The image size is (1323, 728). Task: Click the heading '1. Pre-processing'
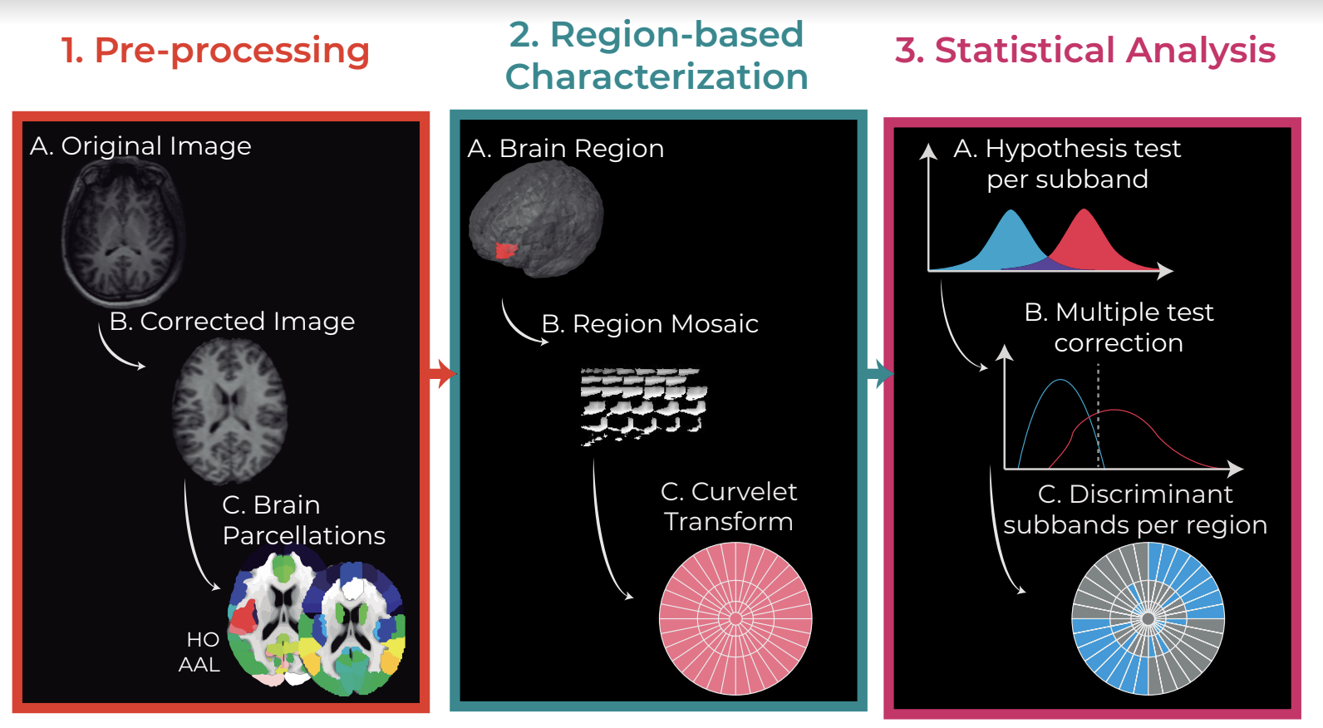click(x=215, y=51)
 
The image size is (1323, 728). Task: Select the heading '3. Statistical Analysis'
click(x=1085, y=50)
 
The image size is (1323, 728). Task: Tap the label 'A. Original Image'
click(x=140, y=145)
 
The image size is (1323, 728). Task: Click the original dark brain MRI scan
click(x=123, y=233)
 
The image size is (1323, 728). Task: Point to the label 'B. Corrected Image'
click(x=232, y=321)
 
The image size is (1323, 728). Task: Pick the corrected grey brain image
click(x=229, y=411)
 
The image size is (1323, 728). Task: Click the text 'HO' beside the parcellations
click(x=203, y=639)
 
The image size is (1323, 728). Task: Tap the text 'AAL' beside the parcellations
click(x=199, y=665)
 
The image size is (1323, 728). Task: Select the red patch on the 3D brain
click(x=505, y=250)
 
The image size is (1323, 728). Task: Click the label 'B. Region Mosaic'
click(x=650, y=324)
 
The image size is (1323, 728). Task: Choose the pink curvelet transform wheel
click(x=735, y=618)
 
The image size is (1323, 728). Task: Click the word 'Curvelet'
click(x=745, y=492)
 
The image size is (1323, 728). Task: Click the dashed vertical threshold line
click(x=1099, y=416)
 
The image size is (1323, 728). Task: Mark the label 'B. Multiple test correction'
click(x=1119, y=327)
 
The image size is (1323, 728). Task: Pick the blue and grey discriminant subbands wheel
click(x=1148, y=619)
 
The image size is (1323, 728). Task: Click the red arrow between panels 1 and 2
click(x=442, y=374)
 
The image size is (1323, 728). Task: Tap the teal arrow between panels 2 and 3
click(x=880, y=374)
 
